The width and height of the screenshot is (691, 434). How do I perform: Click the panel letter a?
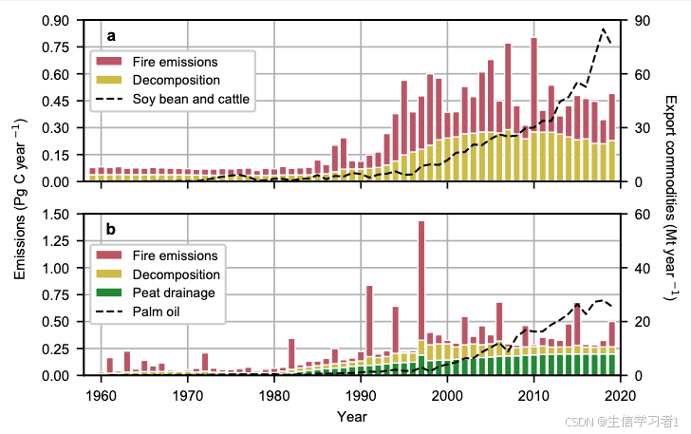111,37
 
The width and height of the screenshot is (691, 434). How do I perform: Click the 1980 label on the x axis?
274,395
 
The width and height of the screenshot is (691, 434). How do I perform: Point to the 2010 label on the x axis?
533,395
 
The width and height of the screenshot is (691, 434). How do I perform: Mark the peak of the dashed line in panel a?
604,28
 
